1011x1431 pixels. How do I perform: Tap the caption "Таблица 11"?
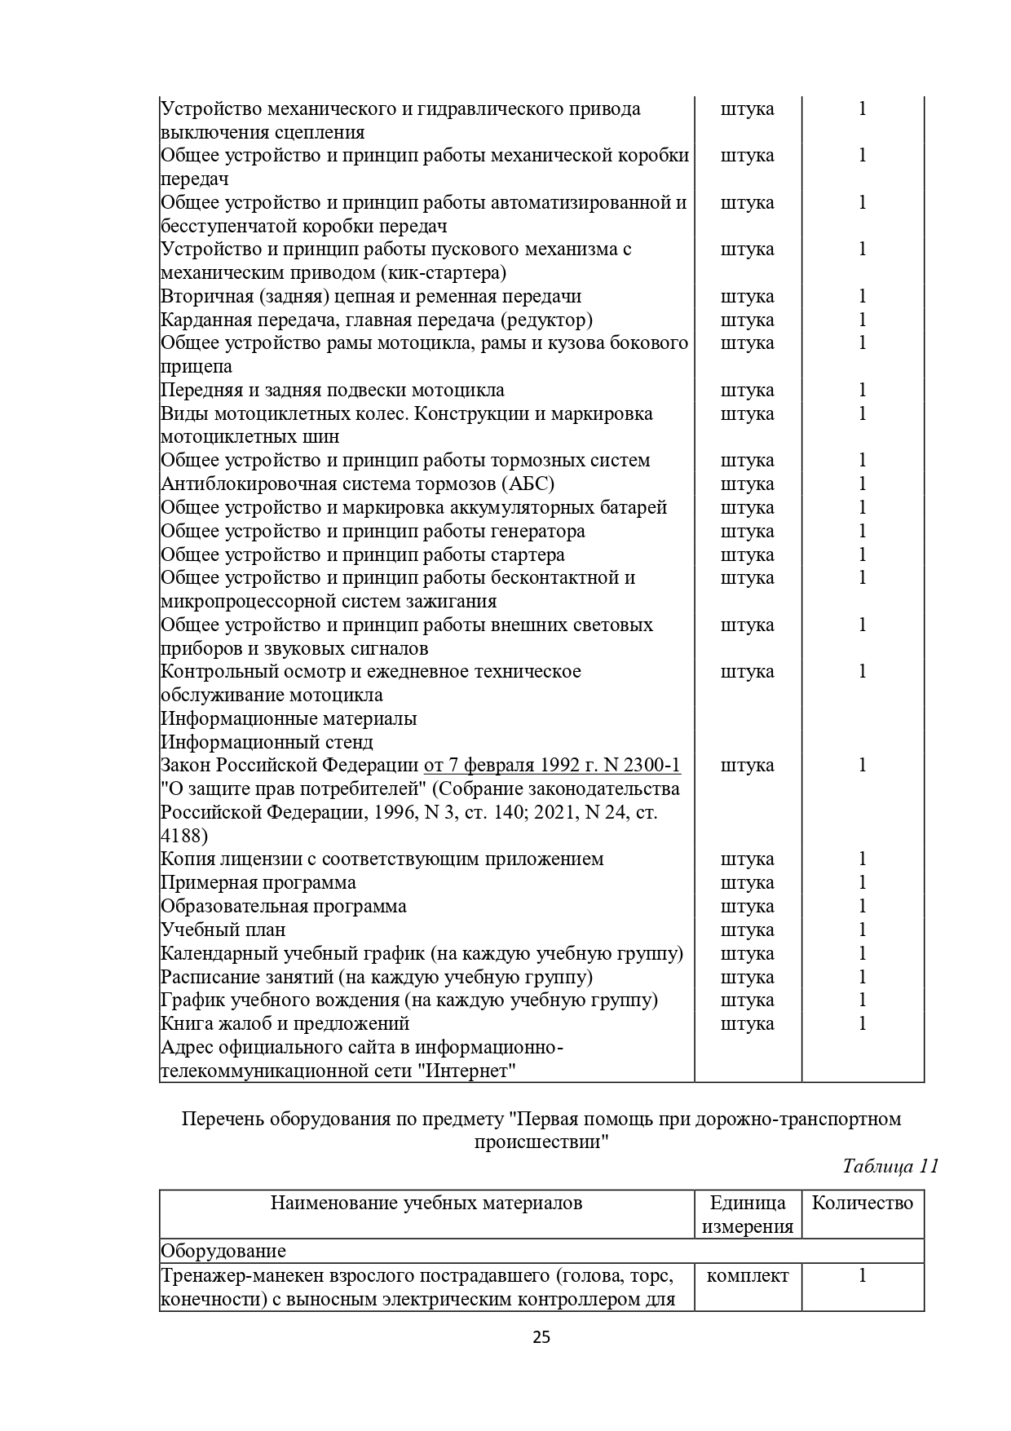click(x=890, y=1165)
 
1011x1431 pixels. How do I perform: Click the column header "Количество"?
click(x=863, y=1203)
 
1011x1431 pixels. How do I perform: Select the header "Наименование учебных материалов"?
click(x=426, y=1203)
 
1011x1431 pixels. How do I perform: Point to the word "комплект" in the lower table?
click(x=748, y=1275)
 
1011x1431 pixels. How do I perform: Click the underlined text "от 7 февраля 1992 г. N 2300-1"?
click(x=552, y=765)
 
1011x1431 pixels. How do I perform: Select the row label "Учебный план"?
click(x=223, y=930)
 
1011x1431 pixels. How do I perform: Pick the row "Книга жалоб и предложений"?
click(x=285, y=1023)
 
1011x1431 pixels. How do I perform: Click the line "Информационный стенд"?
click(x=267, y=742)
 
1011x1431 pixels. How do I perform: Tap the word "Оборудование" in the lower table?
click(x=223, y=1251)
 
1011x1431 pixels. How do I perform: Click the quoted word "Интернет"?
click(x=470, y=1071)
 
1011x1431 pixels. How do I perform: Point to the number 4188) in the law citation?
click(x=183, y=836)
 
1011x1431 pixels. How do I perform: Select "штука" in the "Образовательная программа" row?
click(x=748, y=906)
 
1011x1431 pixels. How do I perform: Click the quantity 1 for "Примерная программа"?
click(x=863, y=882)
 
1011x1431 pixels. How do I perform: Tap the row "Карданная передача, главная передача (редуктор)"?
click(x=376, y=320)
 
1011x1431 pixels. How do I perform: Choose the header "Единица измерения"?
click(x=748, y=1214)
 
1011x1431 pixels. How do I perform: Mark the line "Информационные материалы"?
click(x=289, y=718)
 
